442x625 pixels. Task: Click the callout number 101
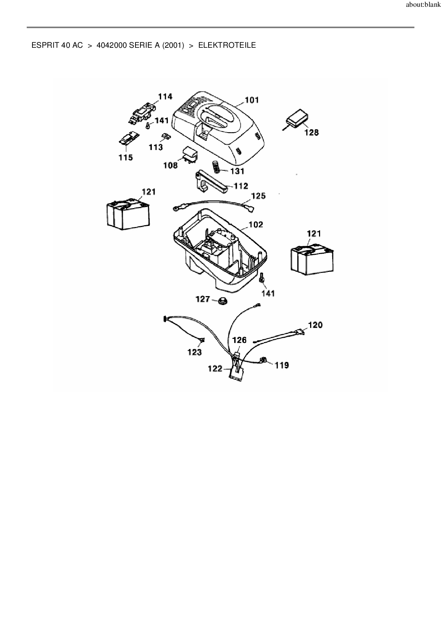click(252, 100)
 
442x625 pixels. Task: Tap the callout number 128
click(311, 133)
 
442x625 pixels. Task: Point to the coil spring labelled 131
click(216, 166)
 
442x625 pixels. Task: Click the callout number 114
click(165, 97)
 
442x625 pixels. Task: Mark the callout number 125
click(258, 196)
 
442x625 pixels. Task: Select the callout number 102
click(256, 224)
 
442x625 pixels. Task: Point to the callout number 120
click(315, 325)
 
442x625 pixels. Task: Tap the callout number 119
click(282, 365)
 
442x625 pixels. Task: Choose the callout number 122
click(215, 369)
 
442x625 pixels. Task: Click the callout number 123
click(195, 352)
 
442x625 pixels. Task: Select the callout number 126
click(239, 340)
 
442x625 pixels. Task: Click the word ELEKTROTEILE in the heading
click(227, 45)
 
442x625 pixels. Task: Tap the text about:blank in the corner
click(423, 5)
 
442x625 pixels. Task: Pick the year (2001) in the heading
click(173, 45)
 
